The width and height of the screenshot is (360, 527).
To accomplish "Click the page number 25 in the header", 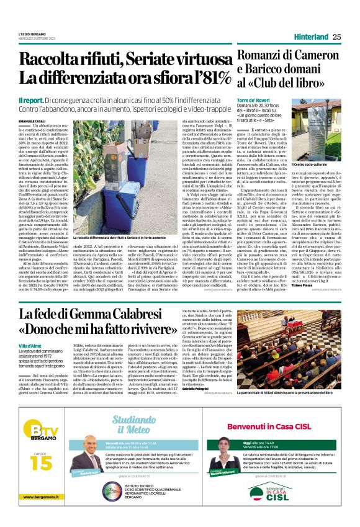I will tap(337, 37).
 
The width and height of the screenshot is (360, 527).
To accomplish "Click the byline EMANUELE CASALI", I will tap(33, 119).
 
